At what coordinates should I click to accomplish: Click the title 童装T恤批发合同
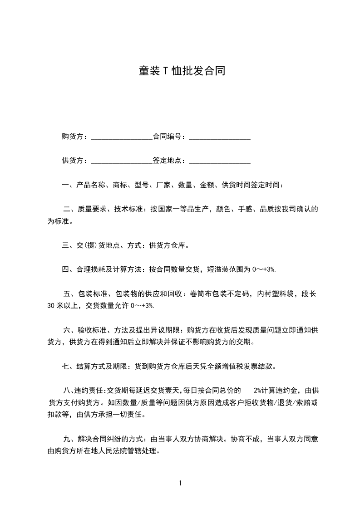(x=182, y=71)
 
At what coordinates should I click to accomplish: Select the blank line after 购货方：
(x=122, y=137)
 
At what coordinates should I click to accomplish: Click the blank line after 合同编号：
(x=220, y=137)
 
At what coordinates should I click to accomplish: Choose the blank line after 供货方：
(x=122, y=162)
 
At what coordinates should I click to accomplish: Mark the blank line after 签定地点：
(x=220, y=162)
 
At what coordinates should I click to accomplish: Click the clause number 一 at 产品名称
(x=65, y=185)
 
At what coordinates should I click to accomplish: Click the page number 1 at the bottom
(x=180, y=483)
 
